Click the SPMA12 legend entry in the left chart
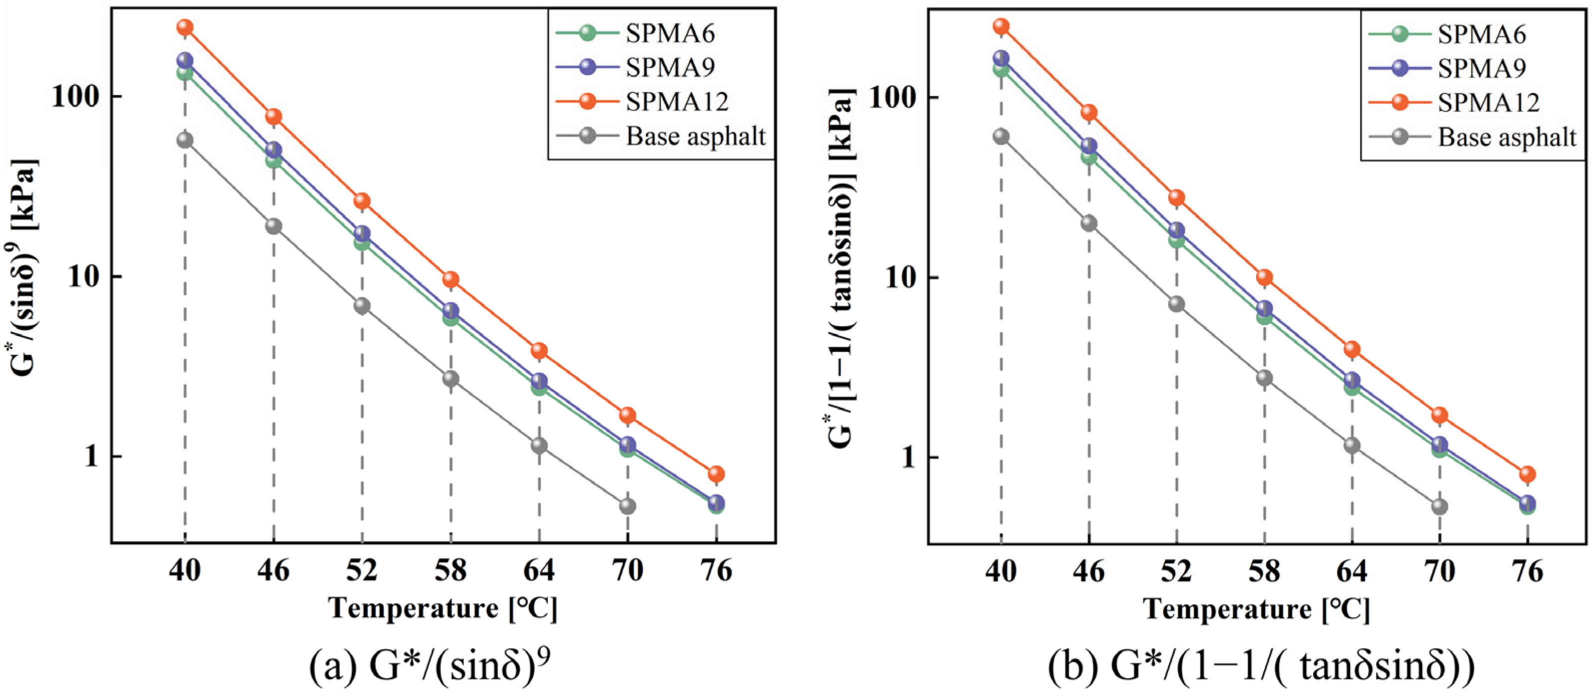pos(676,101)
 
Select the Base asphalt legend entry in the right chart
pos(1506,136)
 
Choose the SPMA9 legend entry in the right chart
pos(1482,68)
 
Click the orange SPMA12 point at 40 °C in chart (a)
pos(184,27)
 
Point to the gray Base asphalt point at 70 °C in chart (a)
pos(627,506)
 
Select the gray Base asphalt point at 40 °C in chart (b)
pos(1001,136)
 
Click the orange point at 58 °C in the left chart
pos(450,279)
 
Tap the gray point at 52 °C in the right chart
pos(1176,304)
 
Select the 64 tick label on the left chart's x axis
pos(539,570)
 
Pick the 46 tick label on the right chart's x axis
pos(1089,570)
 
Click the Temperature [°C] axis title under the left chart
pos(443,609)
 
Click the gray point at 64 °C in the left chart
pos(539,445)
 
